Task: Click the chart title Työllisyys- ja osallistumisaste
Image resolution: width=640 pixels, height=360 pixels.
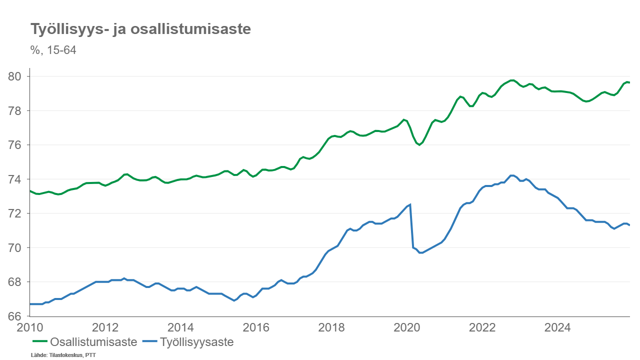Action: (x=140, y=29)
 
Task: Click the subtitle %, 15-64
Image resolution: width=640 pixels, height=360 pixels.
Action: (x=53, y=50)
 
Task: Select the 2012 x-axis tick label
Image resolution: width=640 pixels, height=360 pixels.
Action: (x=105, y=327)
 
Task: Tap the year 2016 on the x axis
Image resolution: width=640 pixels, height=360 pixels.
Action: (x=256, y=327)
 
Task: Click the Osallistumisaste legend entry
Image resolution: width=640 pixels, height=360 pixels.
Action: (x=93, y=342)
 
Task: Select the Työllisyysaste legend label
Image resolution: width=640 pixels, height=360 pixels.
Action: (x=197, y=342)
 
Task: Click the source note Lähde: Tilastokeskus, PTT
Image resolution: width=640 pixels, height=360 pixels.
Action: (x=63, y=355)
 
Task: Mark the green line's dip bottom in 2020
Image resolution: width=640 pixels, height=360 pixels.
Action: (x=419, y=145)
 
